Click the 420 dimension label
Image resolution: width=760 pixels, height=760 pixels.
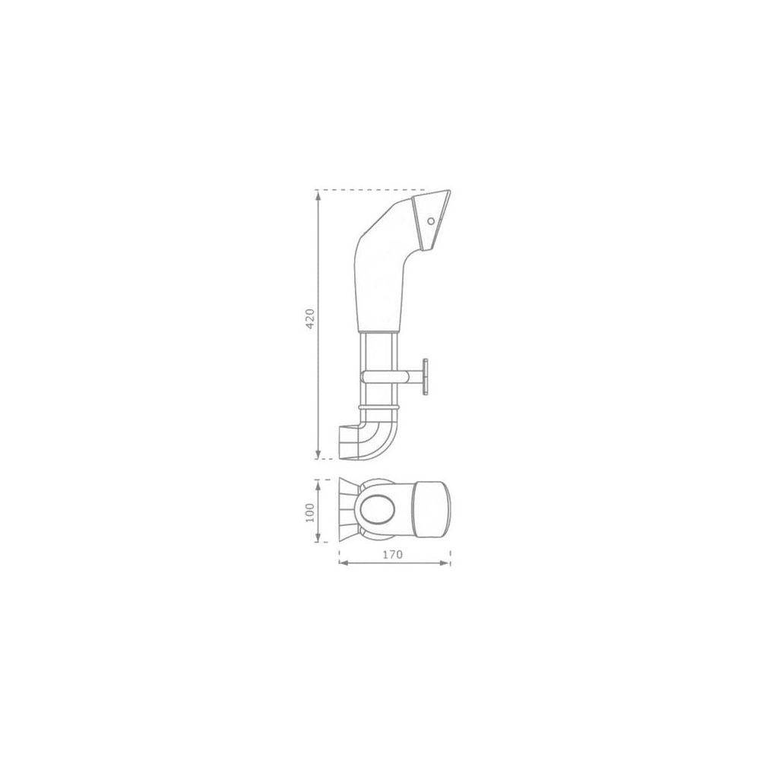(311, 318)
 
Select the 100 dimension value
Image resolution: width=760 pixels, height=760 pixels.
(311, 512)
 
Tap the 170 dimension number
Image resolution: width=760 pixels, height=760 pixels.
(393, 554)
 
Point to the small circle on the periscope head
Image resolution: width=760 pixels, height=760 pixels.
(431, 221)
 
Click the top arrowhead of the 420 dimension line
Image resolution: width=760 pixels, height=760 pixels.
(318, 195)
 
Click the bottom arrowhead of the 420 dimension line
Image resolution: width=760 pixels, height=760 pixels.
(318, 453)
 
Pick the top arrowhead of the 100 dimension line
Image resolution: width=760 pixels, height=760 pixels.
(318, 484)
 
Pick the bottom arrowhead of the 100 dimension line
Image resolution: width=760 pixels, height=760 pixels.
(318, 537)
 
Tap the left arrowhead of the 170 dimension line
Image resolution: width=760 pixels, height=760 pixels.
(344, 562)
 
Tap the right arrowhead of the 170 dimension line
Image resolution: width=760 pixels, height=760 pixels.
(445, 562)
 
